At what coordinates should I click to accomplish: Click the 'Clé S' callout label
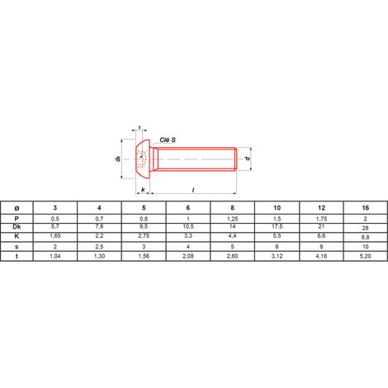click(168, 140)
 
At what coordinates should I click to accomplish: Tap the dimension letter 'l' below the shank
click(193, 190)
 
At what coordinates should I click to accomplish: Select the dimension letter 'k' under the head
click(143, 190)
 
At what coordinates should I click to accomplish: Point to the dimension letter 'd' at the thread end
click(248, 159)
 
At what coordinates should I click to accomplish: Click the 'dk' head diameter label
click(118, 159)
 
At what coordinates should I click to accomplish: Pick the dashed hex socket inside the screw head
click(141, 159)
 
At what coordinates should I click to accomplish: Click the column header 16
click(366, 208)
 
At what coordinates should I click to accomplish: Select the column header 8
click(233, 208)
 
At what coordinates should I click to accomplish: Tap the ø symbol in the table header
click(17, 208)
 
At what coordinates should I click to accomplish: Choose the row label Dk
click(17, 227)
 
